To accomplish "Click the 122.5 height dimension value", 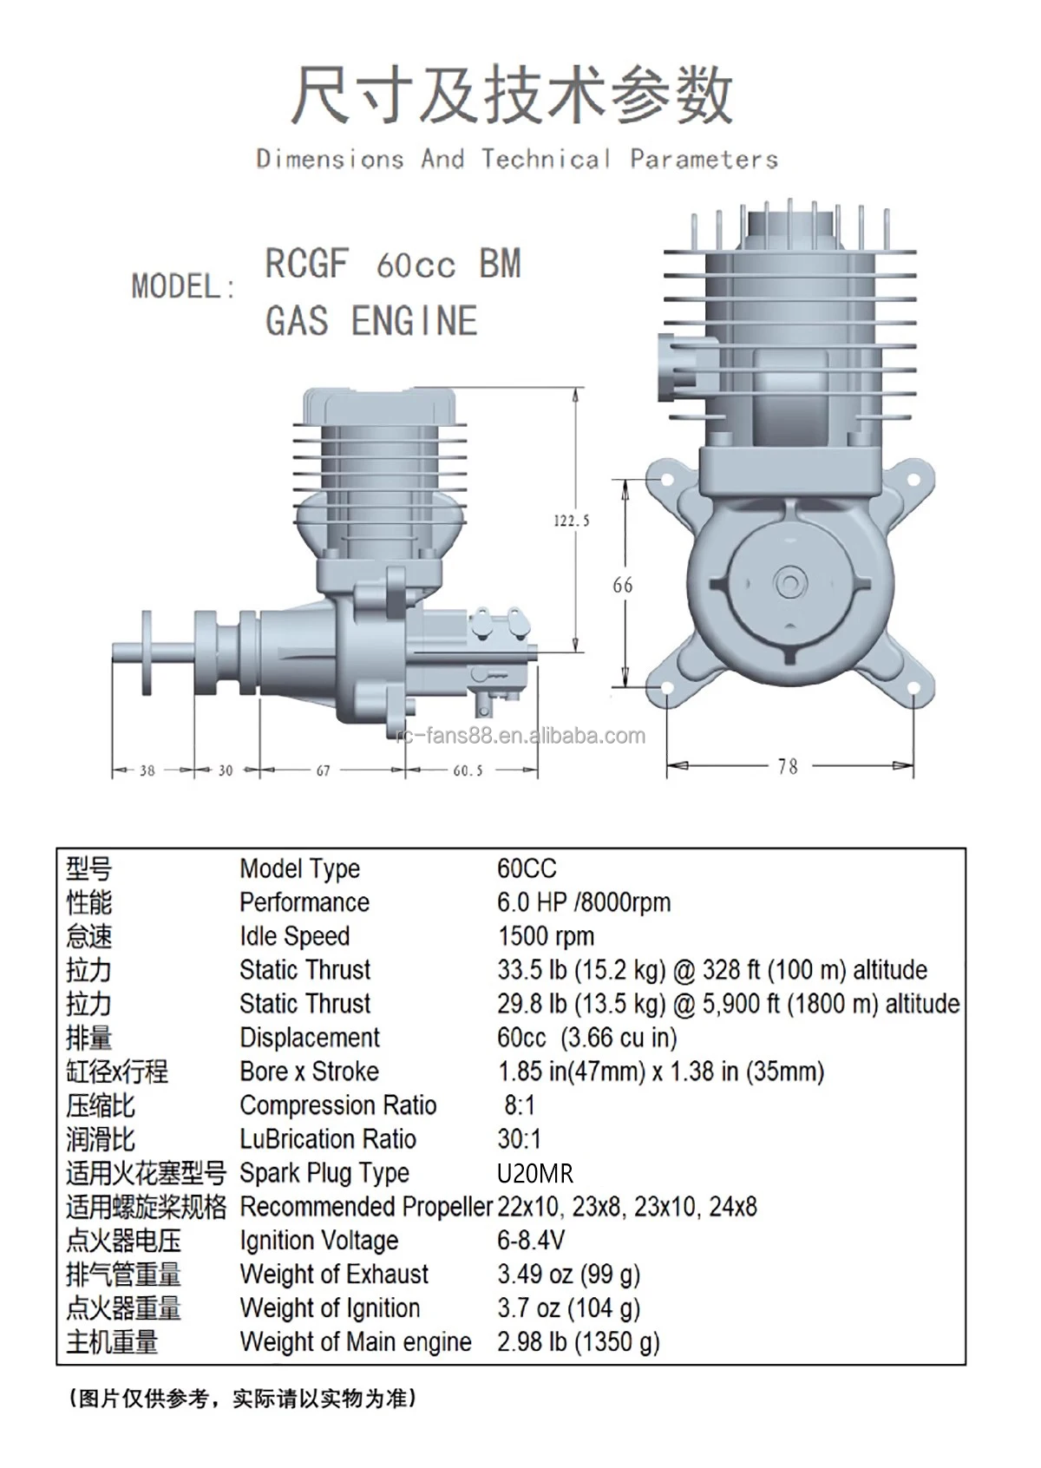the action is click(572, 521).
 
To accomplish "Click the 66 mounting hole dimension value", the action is click(622, 585).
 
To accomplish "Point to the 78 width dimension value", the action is click(788, 766).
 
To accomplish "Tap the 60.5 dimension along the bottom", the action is click(468, 770).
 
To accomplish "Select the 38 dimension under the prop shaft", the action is click(147, 770).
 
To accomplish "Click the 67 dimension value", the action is click(323, 770).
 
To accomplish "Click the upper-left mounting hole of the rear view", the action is click(667, 481).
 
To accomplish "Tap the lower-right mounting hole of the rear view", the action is click(913, 687).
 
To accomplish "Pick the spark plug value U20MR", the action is click(535, 1173).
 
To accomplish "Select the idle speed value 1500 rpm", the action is click(546, 936).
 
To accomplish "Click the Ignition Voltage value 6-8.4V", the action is click(531, 1241).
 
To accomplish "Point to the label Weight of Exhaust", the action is click(334, 1275).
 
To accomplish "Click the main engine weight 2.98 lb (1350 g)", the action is click(578, 1342).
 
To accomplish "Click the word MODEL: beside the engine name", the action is click(183, 286).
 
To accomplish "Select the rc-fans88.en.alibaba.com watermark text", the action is click(520, 736).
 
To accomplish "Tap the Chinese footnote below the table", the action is click(243, 1399).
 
